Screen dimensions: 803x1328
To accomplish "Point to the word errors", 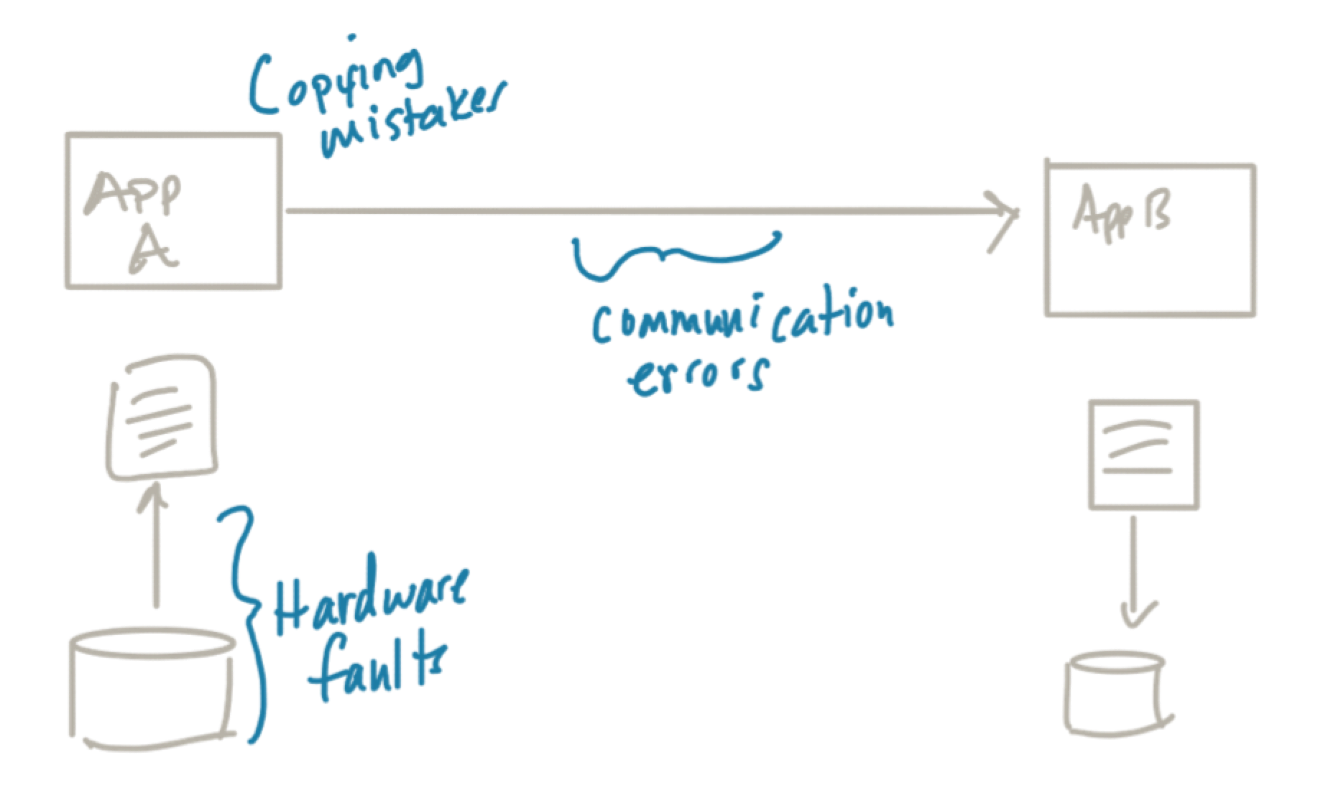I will [x=697, y=373].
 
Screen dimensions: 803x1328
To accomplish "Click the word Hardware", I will [x=370, y=600].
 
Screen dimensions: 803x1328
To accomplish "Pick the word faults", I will [x=377, y=668].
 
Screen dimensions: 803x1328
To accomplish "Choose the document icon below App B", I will [x=1143, y=455].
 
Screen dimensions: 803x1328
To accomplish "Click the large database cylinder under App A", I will [x=152, y=686].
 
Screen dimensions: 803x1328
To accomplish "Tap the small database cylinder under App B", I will [x=1116, y=693].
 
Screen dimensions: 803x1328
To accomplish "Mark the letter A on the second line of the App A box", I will [x=153, y=251].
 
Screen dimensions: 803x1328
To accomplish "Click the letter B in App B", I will [x=1156, y=210].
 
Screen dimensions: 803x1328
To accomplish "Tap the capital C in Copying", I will [x=266, y=86].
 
